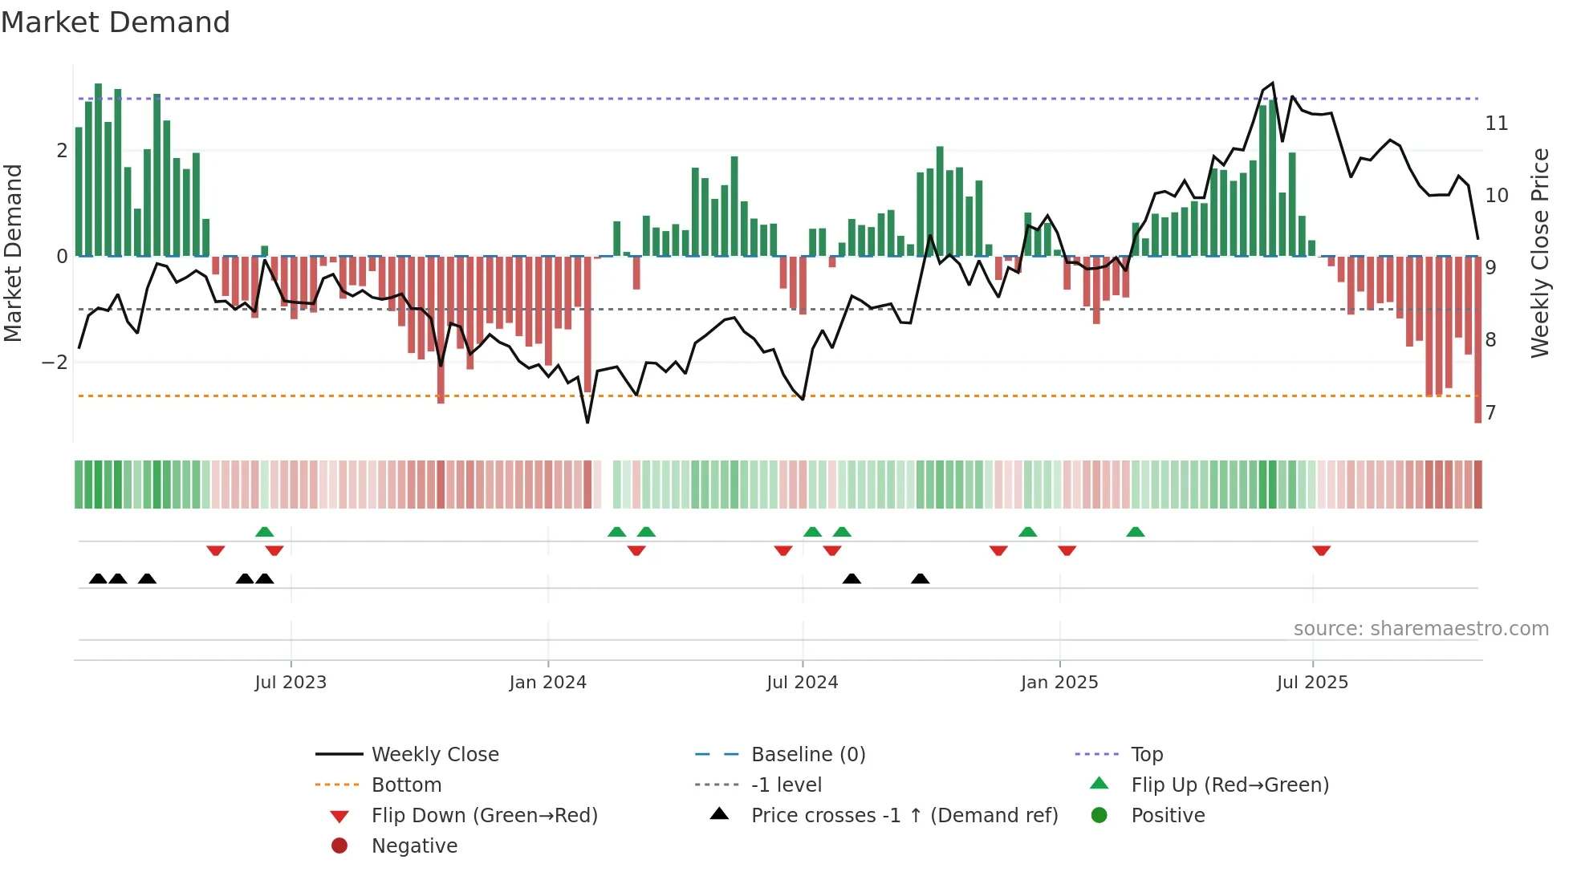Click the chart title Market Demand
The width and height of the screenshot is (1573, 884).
(116, 22)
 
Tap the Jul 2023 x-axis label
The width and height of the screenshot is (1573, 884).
(291, 683)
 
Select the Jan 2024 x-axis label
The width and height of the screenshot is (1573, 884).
(548, 683)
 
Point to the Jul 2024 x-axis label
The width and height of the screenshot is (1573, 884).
(802, 683)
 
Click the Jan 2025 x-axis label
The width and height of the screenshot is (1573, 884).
(1059, 683)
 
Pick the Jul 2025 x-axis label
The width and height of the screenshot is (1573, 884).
(1312, 683)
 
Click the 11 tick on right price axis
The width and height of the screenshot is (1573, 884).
(1496, 124)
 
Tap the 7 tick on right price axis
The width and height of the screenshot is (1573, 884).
(1490, 413)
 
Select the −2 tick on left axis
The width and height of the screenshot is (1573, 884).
(55, 363)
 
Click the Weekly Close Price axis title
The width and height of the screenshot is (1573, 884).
(1539, 253)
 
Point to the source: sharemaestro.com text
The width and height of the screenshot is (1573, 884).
(1421, 629)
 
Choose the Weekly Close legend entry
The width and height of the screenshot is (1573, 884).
(434, 755)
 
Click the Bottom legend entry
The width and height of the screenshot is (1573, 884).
(406, 785)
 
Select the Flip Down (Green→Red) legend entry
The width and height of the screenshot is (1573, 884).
(484, 816)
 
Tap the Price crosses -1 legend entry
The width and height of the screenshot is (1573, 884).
(904, 816)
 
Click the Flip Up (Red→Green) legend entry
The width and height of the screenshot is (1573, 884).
(1230, 785)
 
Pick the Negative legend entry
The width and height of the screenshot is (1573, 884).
(414, 846)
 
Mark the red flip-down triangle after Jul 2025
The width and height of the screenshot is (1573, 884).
(1322, 550)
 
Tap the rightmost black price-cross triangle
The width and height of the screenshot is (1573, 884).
(921, 578)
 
